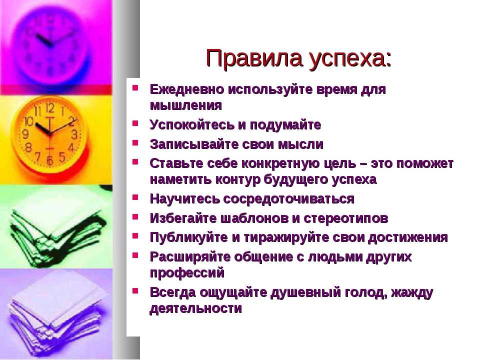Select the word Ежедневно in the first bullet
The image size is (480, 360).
coord(186,89)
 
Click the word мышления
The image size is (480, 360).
coord(186,105)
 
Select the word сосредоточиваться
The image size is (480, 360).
coord(288,199)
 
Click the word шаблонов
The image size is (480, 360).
coord(254,218)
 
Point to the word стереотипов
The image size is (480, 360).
coord(346,218)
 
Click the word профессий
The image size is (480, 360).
coord(187,273)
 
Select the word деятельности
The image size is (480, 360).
coord(195,308)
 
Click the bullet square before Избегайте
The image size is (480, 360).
coord(135,217)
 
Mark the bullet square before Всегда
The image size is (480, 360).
coord(135,291)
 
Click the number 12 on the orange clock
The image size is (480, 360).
coord(50,108)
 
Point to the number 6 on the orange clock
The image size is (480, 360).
coord(50,160)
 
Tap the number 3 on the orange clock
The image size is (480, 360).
coord(74,134)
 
